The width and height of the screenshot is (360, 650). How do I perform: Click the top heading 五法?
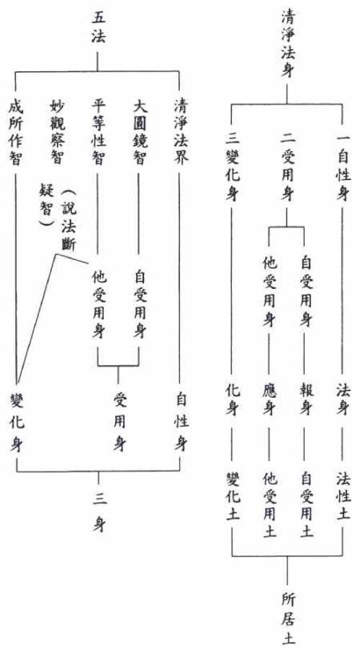98,29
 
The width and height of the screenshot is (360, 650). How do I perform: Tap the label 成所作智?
16,132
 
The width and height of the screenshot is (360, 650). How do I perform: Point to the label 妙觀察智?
57,132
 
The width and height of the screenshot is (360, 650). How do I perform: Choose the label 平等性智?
98,132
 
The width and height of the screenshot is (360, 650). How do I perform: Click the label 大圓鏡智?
139,132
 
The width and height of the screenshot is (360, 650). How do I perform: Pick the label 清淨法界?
180,132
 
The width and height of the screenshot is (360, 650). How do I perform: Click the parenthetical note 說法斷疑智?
57,218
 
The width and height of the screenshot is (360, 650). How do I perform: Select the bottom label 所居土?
287,619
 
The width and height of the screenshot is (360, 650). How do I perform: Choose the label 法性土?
343,496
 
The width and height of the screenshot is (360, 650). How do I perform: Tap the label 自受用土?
306,504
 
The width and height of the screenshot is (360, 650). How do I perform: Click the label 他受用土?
269,504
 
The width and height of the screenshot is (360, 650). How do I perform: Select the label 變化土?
231,496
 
